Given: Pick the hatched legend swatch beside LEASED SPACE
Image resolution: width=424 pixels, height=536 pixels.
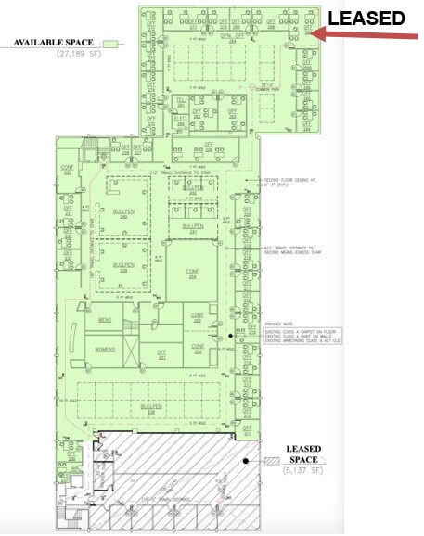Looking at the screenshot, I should [x=271, y=460].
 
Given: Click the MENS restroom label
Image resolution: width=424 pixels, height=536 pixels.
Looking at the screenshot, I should [x=105, y=320].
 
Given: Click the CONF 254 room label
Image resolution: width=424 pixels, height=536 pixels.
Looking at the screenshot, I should [x=194, y=274].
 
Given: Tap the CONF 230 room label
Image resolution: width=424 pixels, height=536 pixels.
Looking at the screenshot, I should [x=67, y=170].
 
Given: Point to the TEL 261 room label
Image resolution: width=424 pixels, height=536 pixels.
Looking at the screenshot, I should [x=182, y=101].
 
